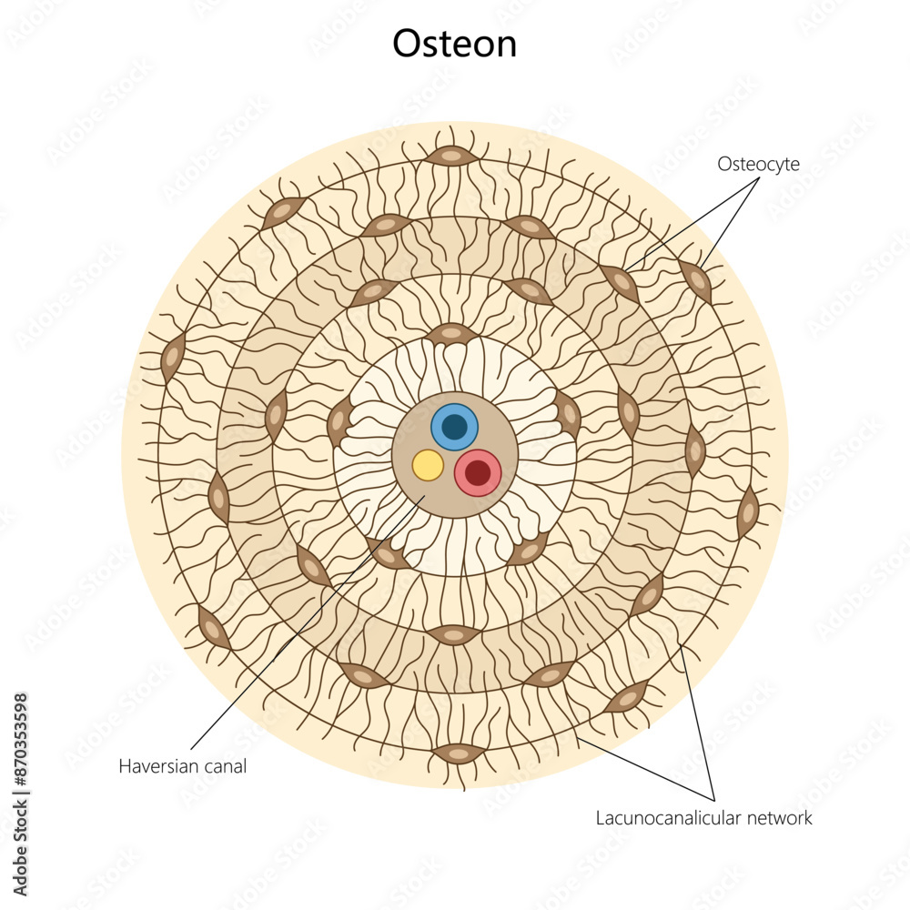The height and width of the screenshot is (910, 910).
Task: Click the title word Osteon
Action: (x=454, y=44)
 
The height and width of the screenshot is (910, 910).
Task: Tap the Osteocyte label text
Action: (x=758, y=164)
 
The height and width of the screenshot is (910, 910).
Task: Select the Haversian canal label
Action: (x=182, y=766)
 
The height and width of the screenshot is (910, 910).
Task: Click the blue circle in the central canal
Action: (x=454, y=427)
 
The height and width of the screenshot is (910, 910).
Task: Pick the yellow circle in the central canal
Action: (x=428, y=465)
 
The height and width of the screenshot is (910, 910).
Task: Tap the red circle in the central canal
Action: (x=478, y=473)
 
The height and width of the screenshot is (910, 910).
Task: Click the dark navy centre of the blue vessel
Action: (x=454, y=427)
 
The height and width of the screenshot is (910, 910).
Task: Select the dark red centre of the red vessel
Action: (x=478, y=473)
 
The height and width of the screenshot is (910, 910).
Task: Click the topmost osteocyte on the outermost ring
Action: (x=452, y=157)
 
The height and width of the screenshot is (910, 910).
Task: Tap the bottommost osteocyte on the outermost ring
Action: (x=458, y=753)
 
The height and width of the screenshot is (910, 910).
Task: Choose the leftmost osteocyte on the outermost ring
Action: (x=171, y=358)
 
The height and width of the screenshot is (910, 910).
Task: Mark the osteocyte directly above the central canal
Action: (x=452, y=334)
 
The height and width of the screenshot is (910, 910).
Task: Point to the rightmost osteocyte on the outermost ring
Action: (x=748, y=512)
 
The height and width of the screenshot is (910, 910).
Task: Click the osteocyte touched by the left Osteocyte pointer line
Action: (x=621, y=282)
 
